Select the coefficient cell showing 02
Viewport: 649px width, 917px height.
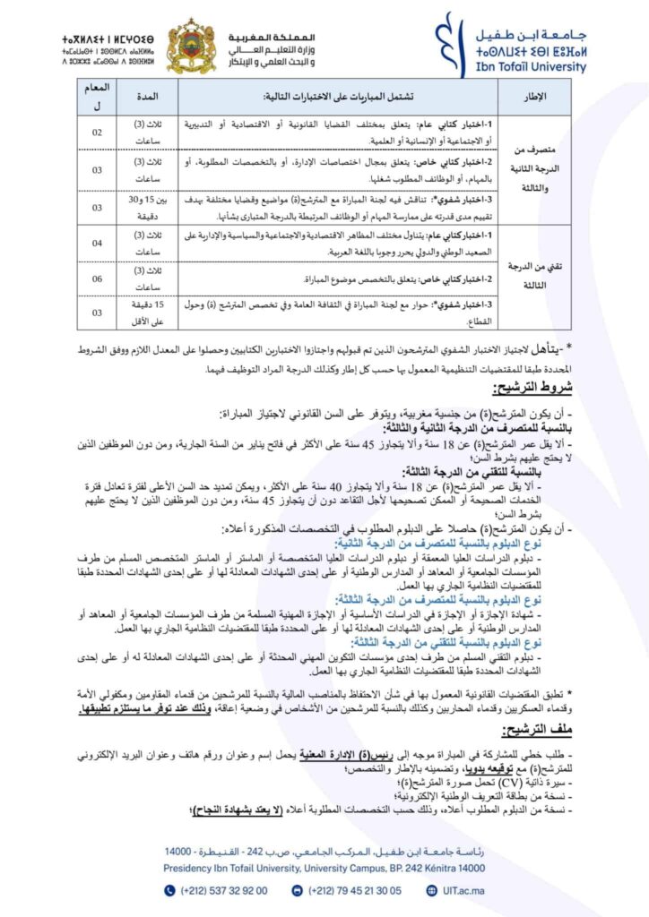pyautogui.click(x=98, y=131)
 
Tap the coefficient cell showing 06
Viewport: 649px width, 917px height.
pyautogui.click(x=98, y=279)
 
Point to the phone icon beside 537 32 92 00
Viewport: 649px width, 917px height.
pyautogui.click(x=170, y=890)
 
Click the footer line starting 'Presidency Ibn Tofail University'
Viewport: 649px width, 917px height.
pyautogui.click(x=324, y=869)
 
